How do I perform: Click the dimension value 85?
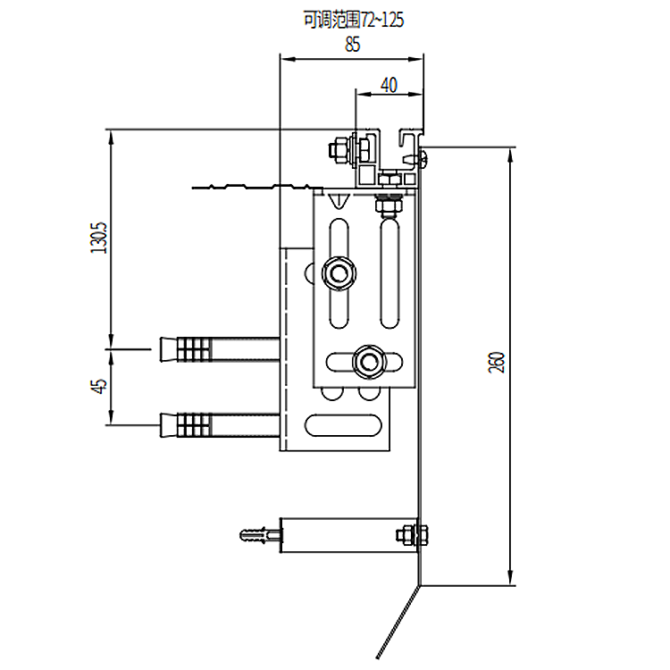click(x=353, y=46)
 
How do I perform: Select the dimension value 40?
click(x=388, y=85)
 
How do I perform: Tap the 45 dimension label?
click(x=100, y=386)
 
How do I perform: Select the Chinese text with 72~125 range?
click(x=348, y=19)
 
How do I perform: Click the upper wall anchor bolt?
click(x=219, y=348)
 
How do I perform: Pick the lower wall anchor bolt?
click(x=219, y=423)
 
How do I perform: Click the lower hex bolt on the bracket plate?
click(x=367, y=361)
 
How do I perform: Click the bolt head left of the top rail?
click(x=340, y=148)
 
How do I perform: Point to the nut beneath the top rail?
click(x=389, y=206)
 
